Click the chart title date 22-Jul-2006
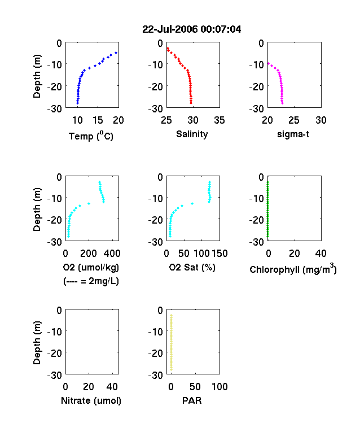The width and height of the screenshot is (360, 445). [169, 29]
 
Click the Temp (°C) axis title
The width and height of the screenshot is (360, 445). [91, 136]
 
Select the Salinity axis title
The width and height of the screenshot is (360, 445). [192, 134]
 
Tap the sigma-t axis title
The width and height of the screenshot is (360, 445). [293, 134]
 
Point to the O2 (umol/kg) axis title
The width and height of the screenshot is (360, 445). [91, 267]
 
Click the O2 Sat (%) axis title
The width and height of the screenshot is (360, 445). [192, 267]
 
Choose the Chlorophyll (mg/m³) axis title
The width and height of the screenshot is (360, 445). [293, 268]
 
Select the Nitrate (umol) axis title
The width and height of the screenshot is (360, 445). [91, 400]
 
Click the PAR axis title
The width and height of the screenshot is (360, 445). [192, 400]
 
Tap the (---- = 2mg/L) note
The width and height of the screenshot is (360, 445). [91, 281]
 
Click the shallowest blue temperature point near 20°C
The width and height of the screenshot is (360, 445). [116, 53]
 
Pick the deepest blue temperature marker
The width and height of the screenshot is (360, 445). [77, 103]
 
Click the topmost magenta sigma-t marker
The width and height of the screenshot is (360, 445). [269, 64]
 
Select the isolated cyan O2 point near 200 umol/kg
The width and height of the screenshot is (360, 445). [89, 203]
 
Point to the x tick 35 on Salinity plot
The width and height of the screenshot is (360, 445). [219, 120]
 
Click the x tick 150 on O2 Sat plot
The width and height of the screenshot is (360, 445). [219, 254]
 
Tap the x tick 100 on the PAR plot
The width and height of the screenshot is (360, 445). [219, 386]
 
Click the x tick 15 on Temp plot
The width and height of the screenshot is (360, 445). [98, 120]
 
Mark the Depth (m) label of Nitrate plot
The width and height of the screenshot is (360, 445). [37, 343]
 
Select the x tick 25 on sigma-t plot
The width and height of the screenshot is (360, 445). [293, 120]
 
